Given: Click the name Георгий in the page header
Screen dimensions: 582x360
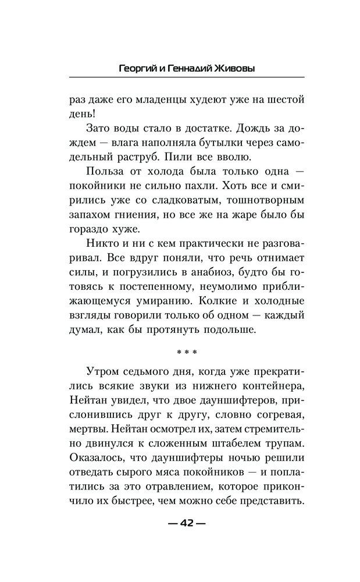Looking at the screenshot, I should pyautogui.click(x=136, y=68).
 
